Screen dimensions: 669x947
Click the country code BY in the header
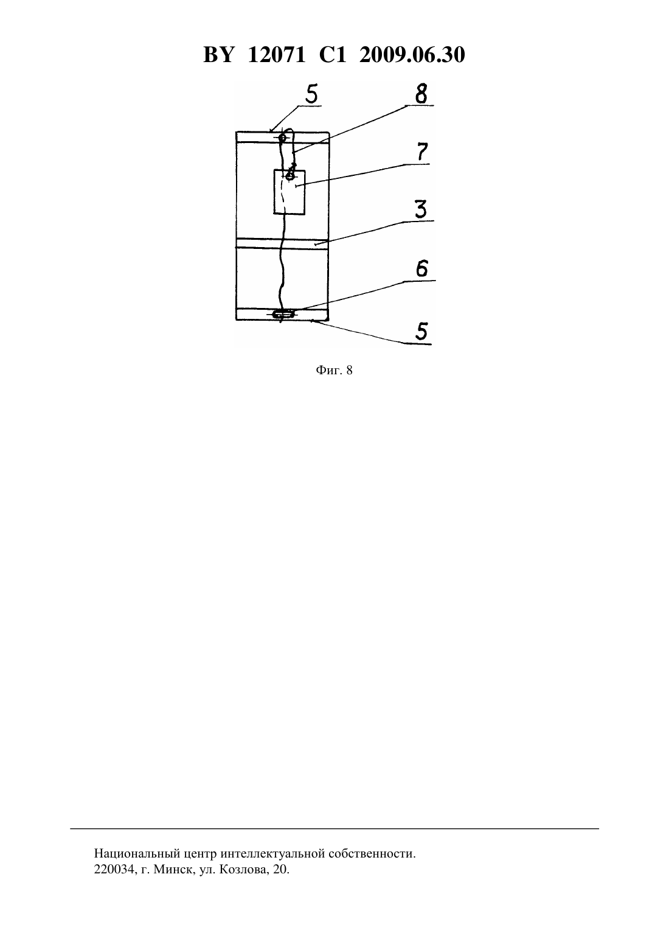(218, 55)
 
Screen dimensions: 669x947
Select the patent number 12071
(277, 55)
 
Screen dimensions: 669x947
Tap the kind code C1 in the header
(333, 55)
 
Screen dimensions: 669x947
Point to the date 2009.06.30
(412, 55)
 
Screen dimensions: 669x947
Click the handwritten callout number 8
(421, 94)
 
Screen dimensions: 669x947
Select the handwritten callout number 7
(422, 152)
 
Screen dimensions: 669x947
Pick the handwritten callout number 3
(421, 210)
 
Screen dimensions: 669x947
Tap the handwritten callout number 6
(422, 268)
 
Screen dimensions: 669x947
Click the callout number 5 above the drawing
(311, 94)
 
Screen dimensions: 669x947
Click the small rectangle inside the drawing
(289, 192)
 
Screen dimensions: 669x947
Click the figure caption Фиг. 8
(334, 371)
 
